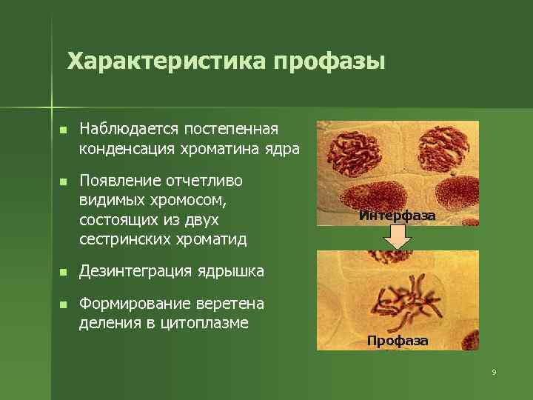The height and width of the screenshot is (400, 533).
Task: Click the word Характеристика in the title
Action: point(167,61)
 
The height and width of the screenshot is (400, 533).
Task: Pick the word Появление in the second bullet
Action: point(120,181)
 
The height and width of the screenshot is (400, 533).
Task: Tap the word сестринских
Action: point(125,239)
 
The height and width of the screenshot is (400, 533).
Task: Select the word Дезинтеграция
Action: point(136,271)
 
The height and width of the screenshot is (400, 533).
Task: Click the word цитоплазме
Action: point(205,323)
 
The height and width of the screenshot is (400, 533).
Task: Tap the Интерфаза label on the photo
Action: point(398,216)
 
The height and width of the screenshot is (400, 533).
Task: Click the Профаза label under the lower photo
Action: point(398,341)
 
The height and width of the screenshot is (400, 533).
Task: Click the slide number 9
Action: point(494,372)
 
